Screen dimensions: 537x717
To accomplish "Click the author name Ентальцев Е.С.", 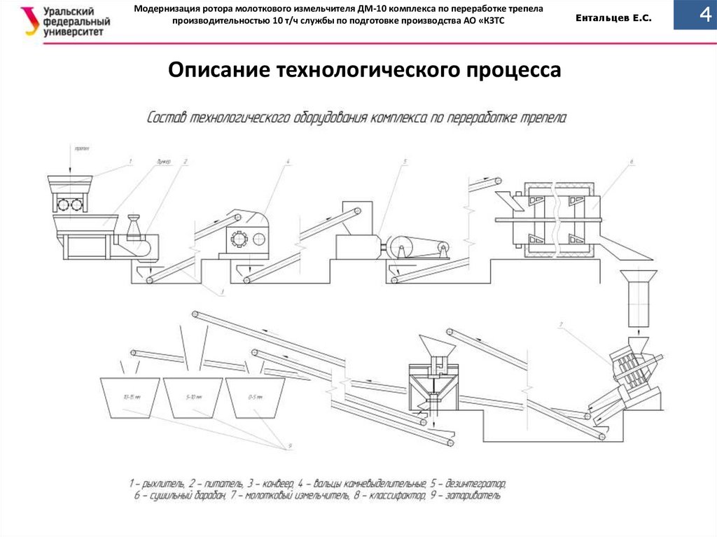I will (x=613, y=20).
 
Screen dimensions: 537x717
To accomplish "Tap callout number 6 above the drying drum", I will (x=631, y=162).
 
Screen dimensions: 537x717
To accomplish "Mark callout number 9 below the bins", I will (x=288, y=445).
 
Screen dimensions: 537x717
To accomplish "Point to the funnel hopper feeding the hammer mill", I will (x=640, y=277).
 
